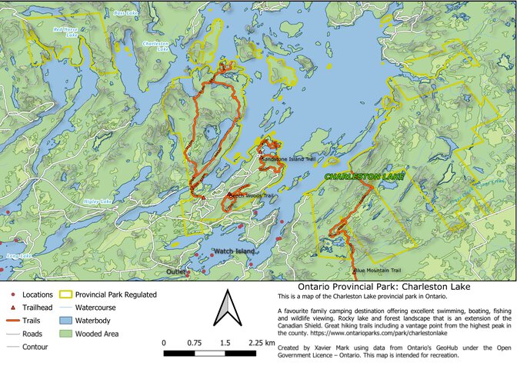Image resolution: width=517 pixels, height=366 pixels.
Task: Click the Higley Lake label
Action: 98,201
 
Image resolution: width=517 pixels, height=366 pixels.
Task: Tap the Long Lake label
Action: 18,255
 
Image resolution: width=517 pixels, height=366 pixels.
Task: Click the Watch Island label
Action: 234,252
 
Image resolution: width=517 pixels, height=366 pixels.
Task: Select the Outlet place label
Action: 175,271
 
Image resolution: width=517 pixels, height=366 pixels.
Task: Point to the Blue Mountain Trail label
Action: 378,271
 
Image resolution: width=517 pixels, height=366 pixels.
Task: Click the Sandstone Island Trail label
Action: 289,159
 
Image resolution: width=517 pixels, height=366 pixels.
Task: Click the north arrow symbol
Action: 223,308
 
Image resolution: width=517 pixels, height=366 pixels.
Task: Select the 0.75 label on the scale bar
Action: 194,341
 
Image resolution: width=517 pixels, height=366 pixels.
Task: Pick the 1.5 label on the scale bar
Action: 225,341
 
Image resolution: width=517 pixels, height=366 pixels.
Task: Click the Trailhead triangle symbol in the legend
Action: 14,307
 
